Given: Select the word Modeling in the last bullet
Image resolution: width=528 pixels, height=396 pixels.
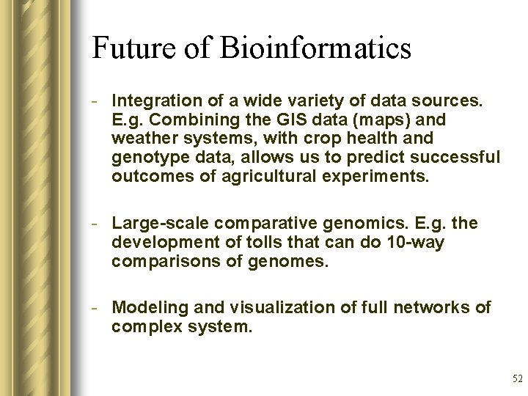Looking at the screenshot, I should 144,307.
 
